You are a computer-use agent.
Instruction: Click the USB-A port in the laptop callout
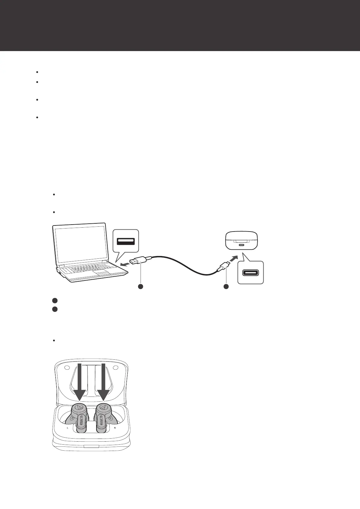pos(126,241)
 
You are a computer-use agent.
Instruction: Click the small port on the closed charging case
pos(241,245)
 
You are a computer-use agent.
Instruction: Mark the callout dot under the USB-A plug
pos(140,286)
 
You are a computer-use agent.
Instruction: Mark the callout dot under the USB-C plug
pos(226,286)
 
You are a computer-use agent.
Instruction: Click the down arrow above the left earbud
pos(80,384)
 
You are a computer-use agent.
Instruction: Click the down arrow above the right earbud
pos(103,384)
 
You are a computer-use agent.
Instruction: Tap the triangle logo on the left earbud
pos(78,407)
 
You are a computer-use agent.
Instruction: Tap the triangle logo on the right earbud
pos(103,407)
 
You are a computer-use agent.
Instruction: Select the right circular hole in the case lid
pos(115,368)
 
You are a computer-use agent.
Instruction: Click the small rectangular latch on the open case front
pos(92,446)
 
